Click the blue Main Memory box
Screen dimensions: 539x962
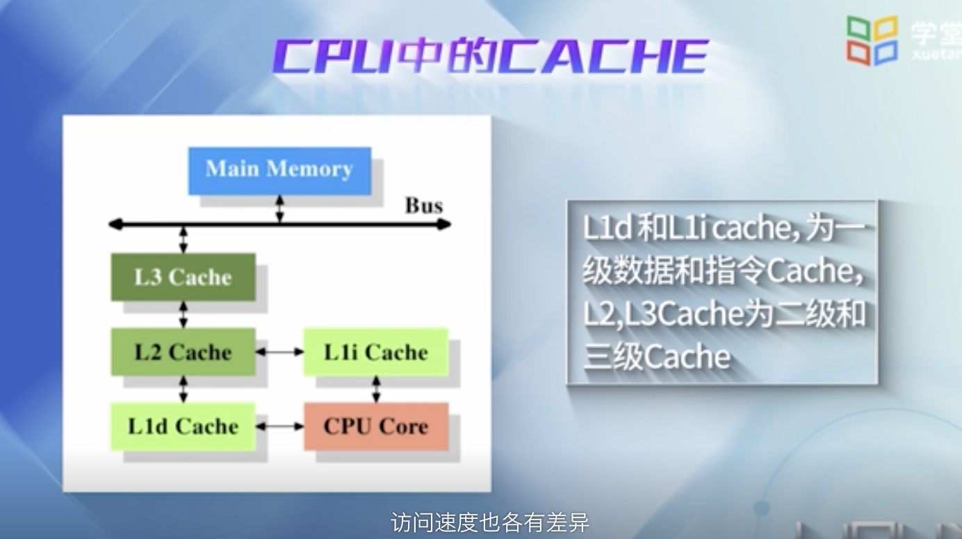pyautogui.click(x=279, y=170)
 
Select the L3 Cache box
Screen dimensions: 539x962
pyautogui.click(x=183, y=277)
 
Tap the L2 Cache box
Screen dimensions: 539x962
pyautogui.click(x=183, y=351)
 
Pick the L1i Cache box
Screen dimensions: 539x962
pyautogui.click(x=376, y=352)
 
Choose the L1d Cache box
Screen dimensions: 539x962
pyautogui.click(x=183, y=426)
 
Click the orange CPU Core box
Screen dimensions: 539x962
pyautogui.click(x=376, y=426)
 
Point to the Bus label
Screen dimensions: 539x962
pyautogui.click(x=423, y=206)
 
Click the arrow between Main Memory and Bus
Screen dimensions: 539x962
pyautogui.click(x=279, y=209)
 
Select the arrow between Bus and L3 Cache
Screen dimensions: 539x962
pyautogui.click(x=184, y=239)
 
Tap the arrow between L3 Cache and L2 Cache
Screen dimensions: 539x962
pyautogui.click(x=184, y=314)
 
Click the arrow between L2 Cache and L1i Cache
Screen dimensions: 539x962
pyautogui.click(x=279, y=352)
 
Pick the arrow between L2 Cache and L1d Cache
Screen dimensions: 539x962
pyautogui.click(x=184, y=389)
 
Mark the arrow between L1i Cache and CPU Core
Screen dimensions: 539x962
pyautogui.click(x=376, y=389)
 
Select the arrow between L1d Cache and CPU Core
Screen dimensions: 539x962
pyautogui.click(x=279, y=426)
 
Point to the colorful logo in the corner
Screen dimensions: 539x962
pyautogui.click(x=872, y=40)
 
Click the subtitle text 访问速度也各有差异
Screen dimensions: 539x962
pyautogui.click(x=490, y=522)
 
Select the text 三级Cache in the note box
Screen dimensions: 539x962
pyautogui.click(x=657, y=357)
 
